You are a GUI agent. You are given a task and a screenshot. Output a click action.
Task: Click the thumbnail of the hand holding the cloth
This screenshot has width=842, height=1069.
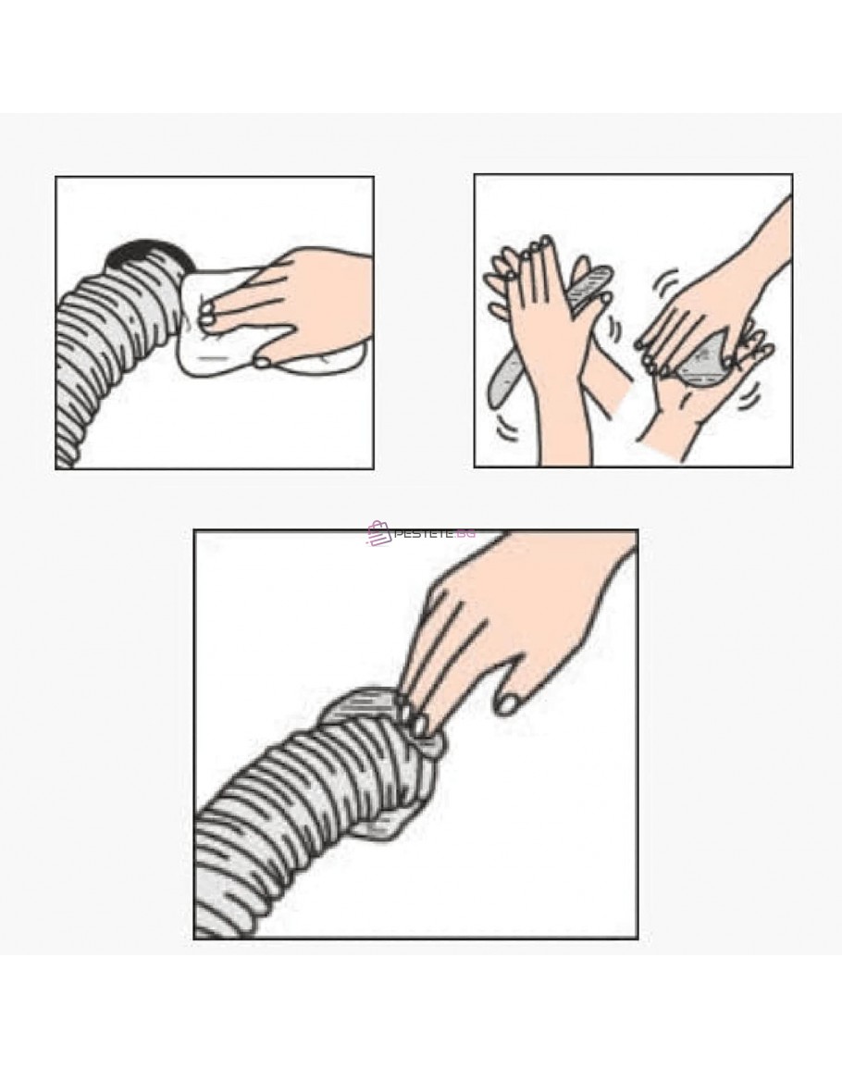click(263, 362)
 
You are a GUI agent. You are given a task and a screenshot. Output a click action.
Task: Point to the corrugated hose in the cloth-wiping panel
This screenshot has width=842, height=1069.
click(116, 354)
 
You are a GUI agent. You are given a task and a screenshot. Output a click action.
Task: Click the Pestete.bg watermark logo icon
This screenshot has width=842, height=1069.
click(379, 533)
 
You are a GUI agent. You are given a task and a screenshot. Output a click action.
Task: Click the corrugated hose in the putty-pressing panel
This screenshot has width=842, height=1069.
click(286, 818)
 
